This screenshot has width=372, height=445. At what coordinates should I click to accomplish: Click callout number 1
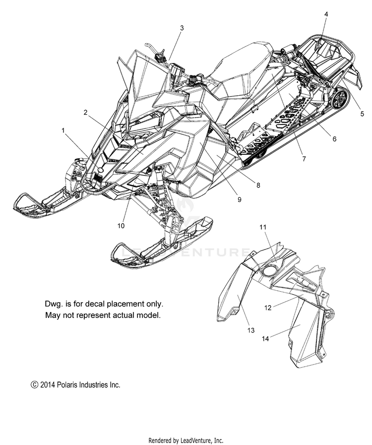63,130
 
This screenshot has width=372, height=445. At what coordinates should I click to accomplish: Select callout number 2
86,113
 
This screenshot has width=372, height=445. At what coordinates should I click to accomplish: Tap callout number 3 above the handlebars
182,28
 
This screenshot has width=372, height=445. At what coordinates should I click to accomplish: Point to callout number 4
326,14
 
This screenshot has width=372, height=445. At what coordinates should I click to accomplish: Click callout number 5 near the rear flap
362,114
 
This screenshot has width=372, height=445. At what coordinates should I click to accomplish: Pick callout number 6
334,139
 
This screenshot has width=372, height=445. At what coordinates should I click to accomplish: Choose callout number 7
304,159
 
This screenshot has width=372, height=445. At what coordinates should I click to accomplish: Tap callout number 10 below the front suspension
121,225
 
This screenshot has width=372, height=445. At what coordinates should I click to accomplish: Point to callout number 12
268,308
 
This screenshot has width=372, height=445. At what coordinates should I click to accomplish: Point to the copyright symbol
34,384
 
